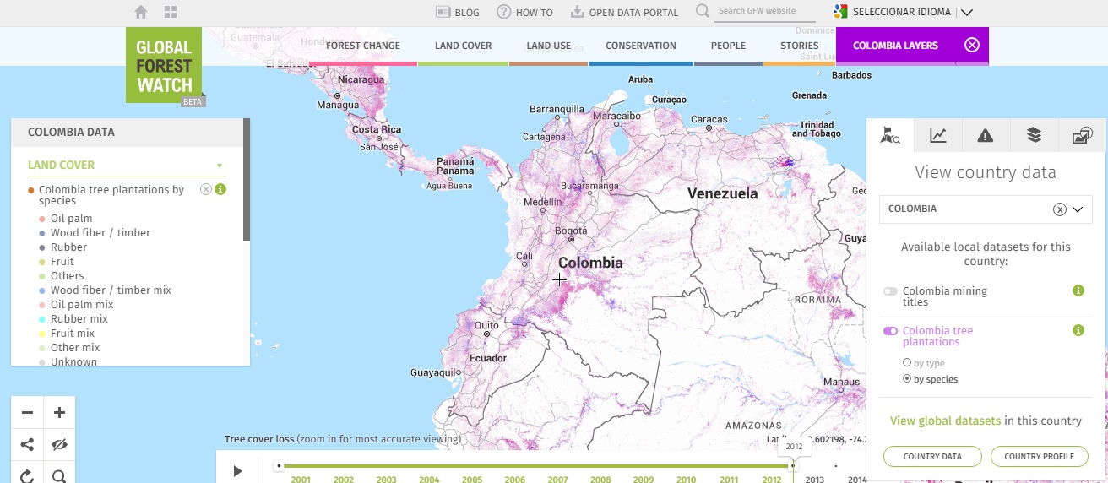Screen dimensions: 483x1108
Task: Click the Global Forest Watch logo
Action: pyautogui.click(x=164, y=65)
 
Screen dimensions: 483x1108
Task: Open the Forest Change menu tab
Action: pyautogui.click(x=362, y=46)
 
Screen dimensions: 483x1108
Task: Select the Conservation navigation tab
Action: pyautogui.click(x=640, y=46)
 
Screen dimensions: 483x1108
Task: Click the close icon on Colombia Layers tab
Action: pyautogui.click(x=971, y=46)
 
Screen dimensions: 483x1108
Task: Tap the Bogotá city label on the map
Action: pyautogui.click(x=571, y=231)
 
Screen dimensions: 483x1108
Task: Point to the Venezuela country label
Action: pyautogui.click(x=722, y=193)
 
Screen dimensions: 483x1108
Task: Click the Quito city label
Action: pyautogui.click(x=487, y=325)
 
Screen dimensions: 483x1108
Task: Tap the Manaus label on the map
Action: pyautogui.click(x=841, y=382)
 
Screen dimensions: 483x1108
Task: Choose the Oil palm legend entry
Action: pyautogui.click(x=71, y=219)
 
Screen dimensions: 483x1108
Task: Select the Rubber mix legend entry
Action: pyautogui.click(x=79, y=319)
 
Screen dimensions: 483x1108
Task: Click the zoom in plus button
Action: pyautogui.click(x=59, y=413)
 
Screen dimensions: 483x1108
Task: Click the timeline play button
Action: pyautogui.click(x=237, y=471)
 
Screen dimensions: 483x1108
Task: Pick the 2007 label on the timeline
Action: pyautogui.click(x=557, y=480)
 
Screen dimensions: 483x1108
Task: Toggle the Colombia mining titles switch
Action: pyautogui.click(x=890, y=291)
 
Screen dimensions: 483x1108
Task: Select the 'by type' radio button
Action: pyautogui.click(x=907, y=363)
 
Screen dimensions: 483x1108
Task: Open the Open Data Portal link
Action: pyautogui.click(x=625, y=13)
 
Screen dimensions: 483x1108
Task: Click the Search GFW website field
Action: pyautogui.click(x=765, y=11)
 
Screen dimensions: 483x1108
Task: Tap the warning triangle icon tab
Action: pyautogui.click(x=985, y=135)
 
